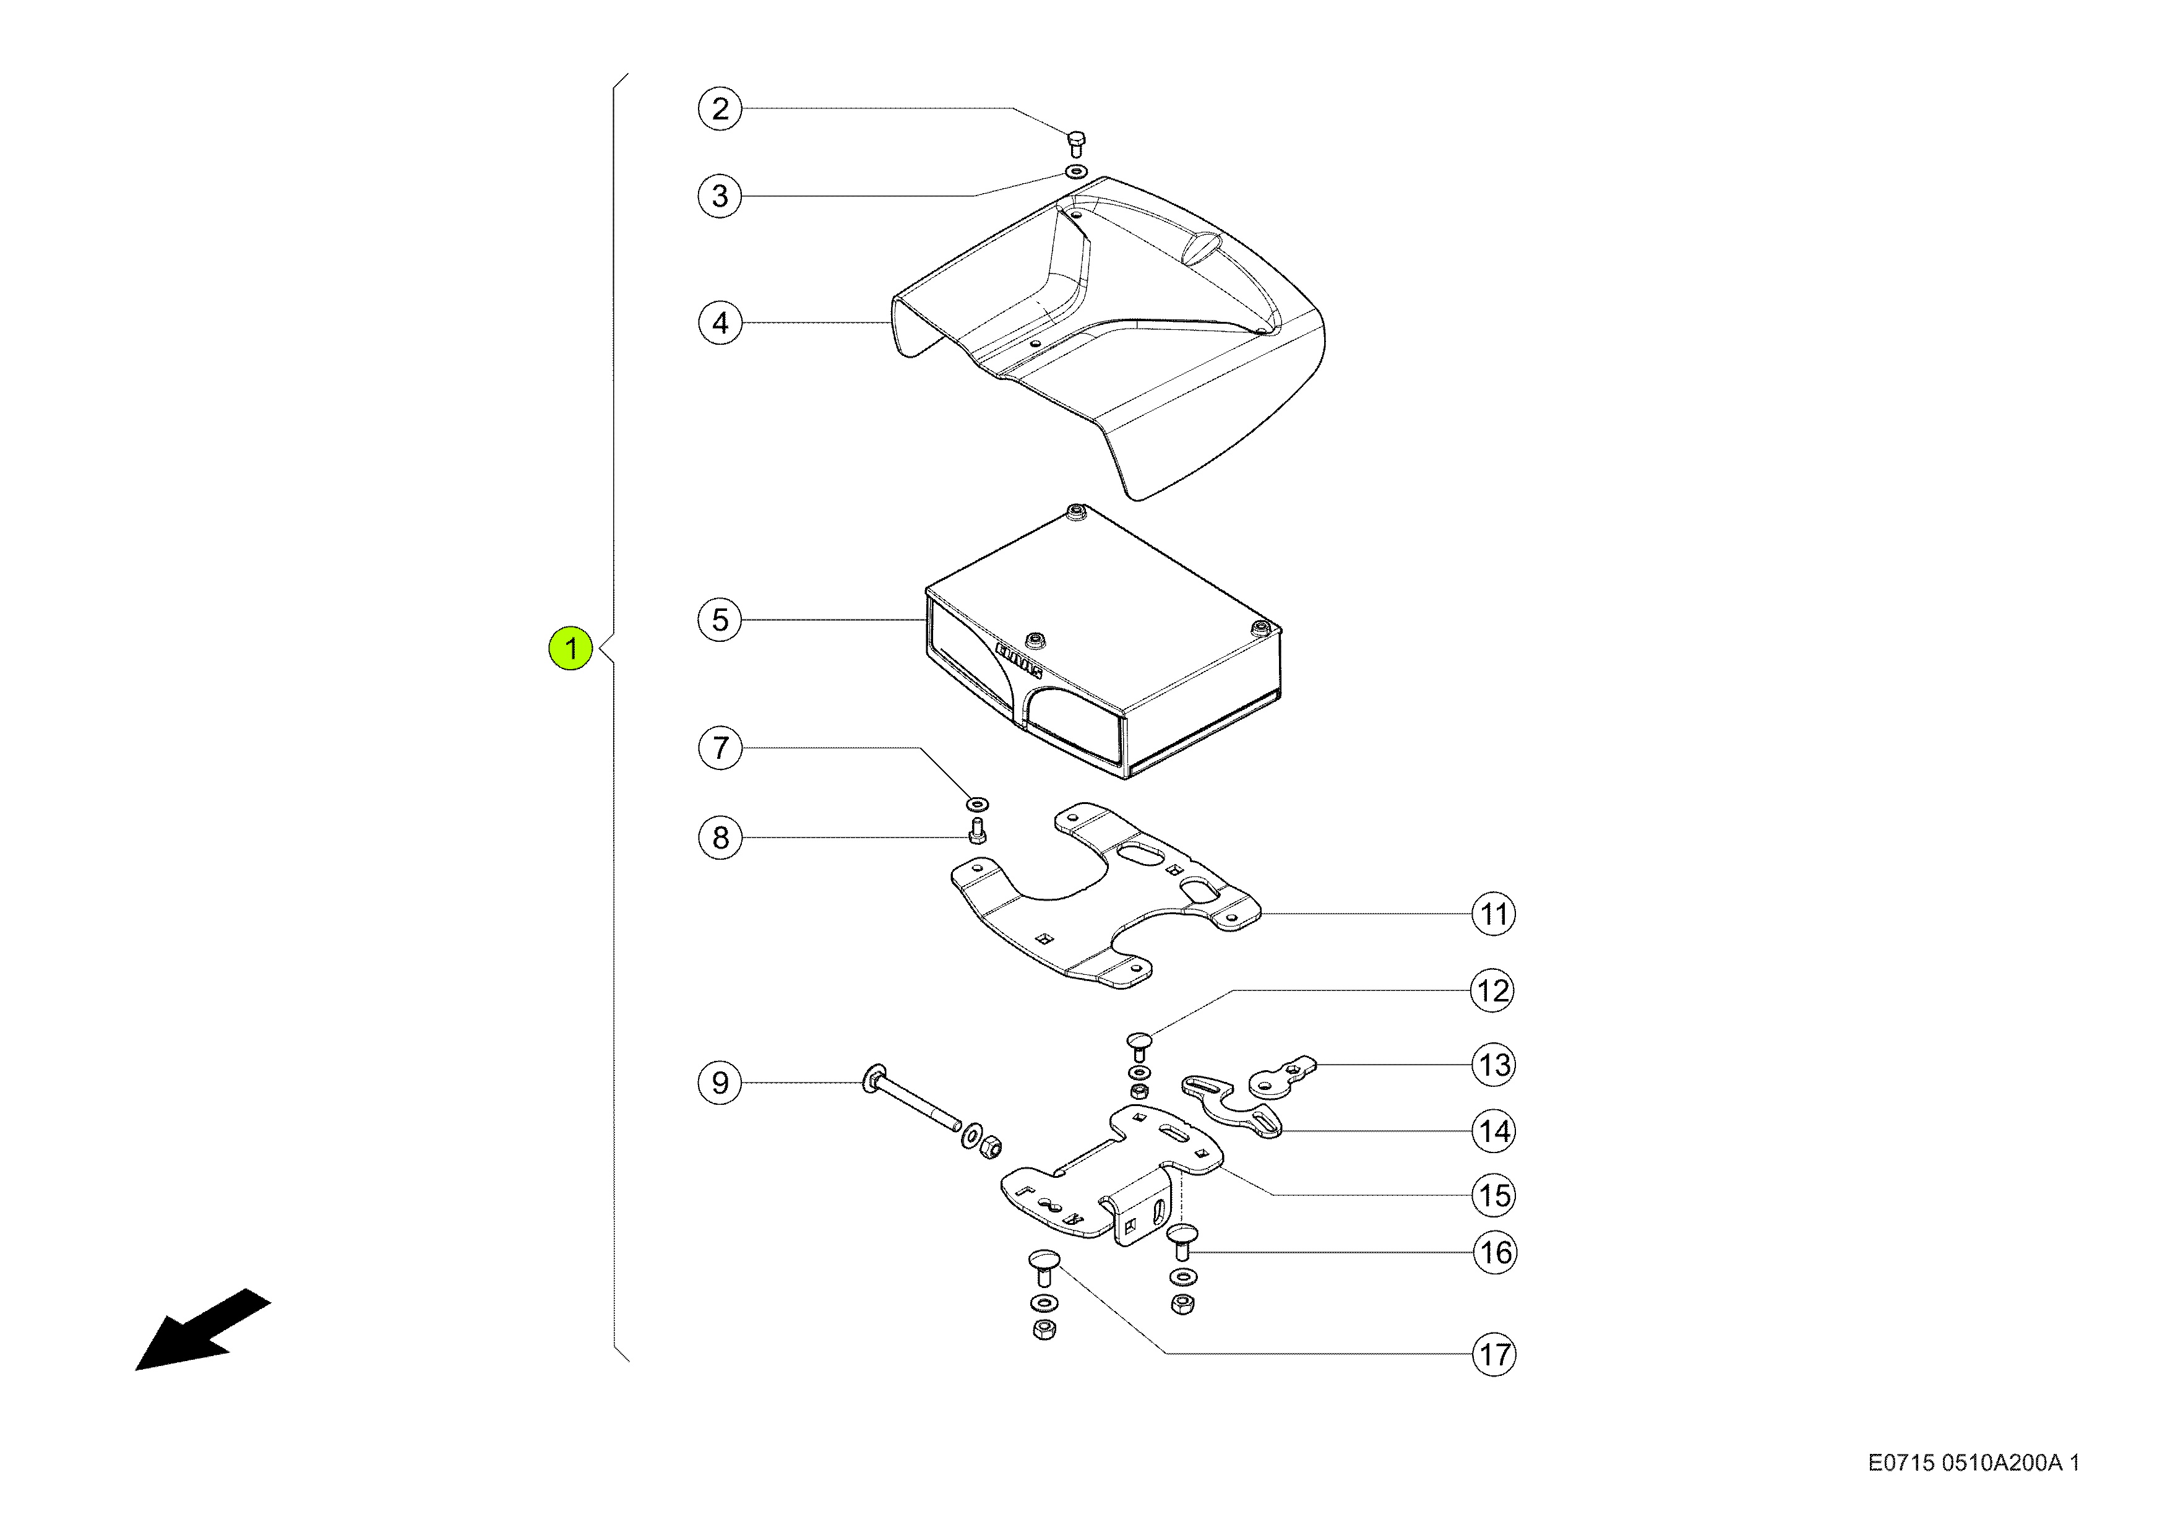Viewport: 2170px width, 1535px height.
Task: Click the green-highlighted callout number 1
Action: tap(571, 649)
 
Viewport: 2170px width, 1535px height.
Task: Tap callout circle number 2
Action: tap(720, 109)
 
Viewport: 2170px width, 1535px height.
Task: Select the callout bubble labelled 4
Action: tap(720, 323)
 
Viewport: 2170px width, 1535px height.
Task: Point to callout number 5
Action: tap(720, 620)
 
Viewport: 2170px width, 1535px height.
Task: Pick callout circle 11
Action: tap(1493, 914)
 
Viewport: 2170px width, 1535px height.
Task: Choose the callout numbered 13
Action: tap(1493, 1065)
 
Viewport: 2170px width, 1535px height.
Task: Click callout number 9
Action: tap(720, 1083)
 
